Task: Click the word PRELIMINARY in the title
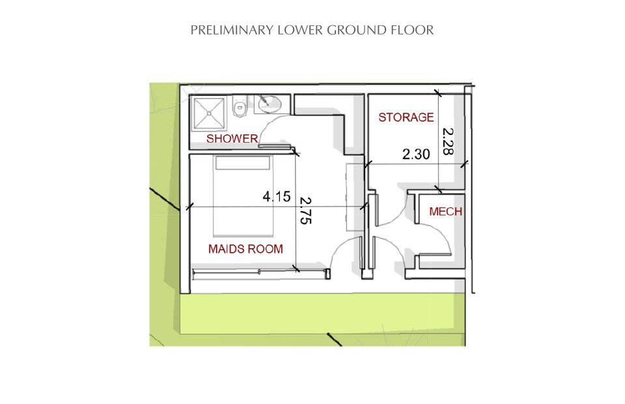coord(232,30)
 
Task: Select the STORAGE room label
coord(406,117)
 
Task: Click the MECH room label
coord(445,211)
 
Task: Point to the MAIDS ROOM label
coord(245,249)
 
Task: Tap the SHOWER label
coord(232,138)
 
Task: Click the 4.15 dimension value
coord(276,196)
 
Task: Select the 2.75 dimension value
coord(305,210)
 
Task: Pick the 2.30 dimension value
coord(416,154)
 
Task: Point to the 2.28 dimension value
coord(448,141)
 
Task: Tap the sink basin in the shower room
coord(270,104)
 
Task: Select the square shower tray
coord(209,113)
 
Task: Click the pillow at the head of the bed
coord(242,163)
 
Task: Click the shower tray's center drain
coord(209,113)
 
